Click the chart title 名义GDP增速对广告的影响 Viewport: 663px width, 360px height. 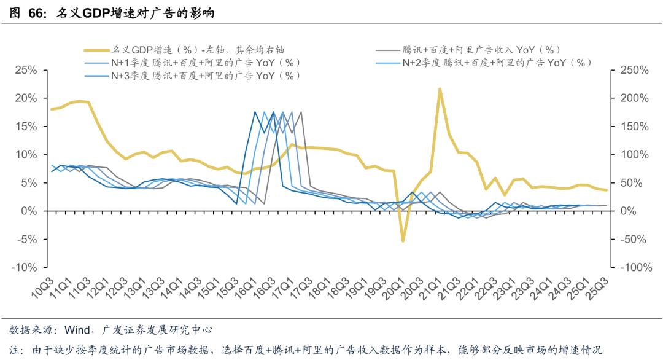click(135, 13)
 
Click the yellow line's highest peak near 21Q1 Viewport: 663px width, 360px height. click(440, 89)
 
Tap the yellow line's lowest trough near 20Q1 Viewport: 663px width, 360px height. click(403, 241)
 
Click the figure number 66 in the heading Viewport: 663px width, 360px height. click(35, 13)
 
